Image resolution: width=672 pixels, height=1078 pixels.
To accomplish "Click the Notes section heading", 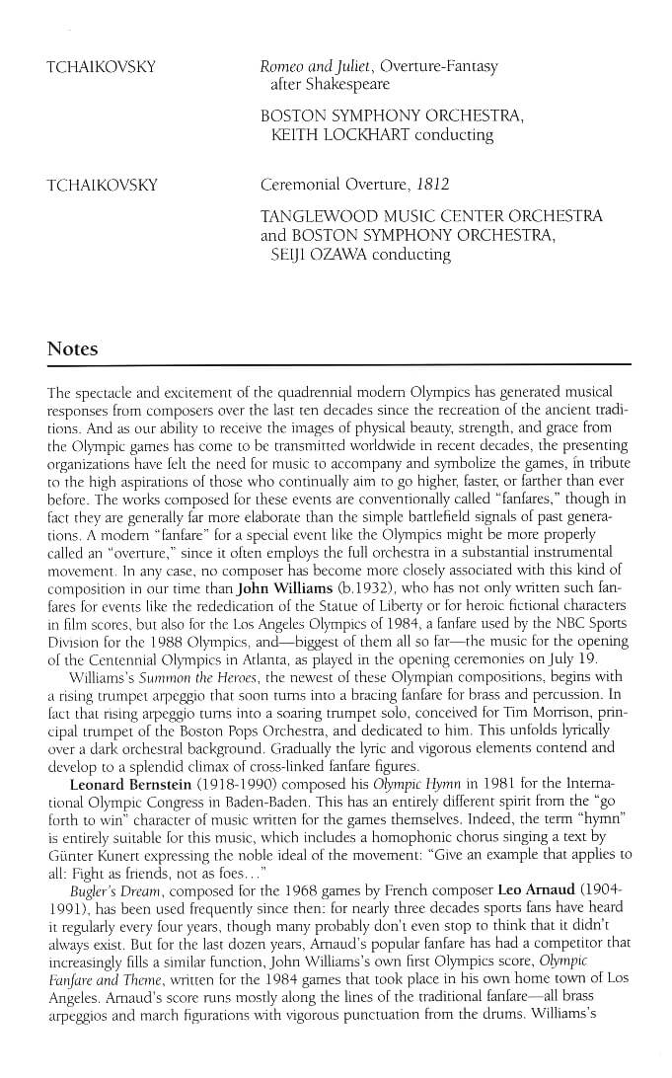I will (x=73, y=349).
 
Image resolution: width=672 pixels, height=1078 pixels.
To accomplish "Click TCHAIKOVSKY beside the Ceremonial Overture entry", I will (x=102, y=186).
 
